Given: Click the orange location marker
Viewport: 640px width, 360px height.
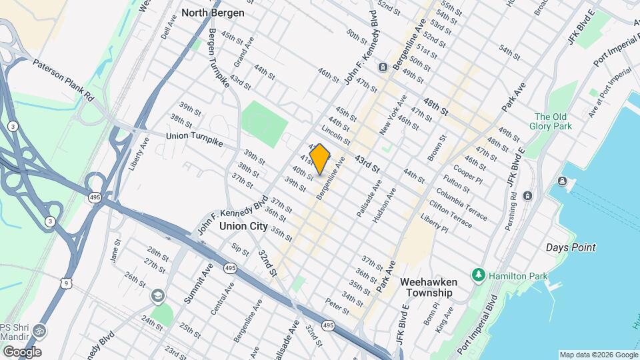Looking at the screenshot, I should point(319,159).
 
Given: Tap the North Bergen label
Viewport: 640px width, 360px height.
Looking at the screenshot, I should point(213,13).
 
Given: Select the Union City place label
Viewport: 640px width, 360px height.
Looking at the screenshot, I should point(243,227).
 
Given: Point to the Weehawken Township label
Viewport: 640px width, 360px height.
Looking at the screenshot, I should point(426,287).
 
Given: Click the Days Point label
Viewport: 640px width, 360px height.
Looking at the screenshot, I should point(571,247).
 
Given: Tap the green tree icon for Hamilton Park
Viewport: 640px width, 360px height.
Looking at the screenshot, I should point(478,275).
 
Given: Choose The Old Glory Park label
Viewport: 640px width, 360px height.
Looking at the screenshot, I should point(551,121).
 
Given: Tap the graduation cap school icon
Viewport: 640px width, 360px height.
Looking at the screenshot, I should point(157,295).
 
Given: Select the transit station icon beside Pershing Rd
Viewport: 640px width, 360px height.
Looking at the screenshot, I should point(528,195).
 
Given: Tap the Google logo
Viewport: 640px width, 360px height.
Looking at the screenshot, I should point(21,352).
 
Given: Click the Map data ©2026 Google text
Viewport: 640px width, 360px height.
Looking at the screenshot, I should point(598,355).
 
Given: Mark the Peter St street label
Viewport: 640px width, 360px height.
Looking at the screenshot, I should point(337,306).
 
